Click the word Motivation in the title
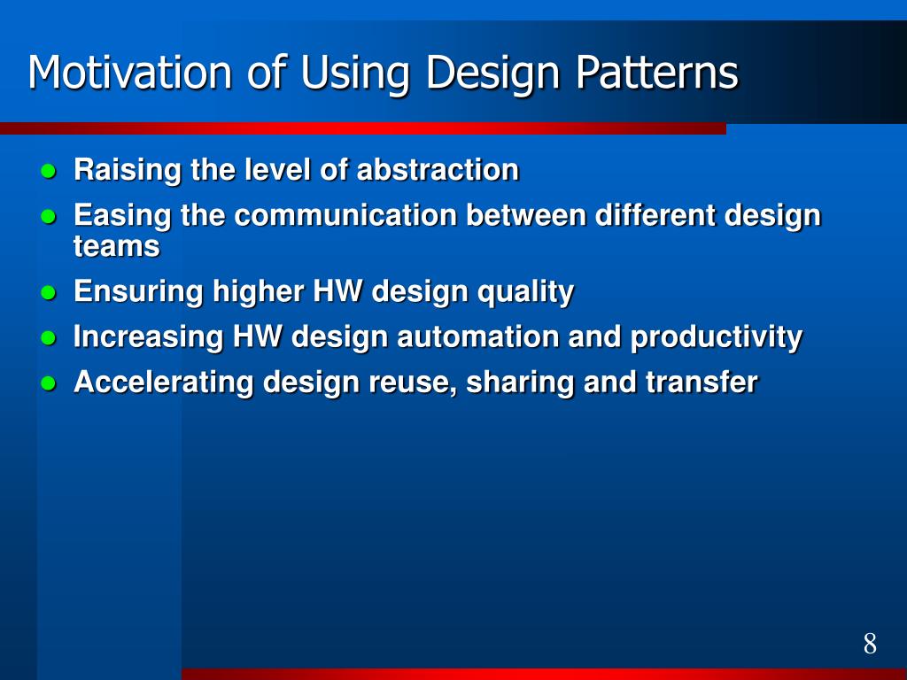pos(130,72)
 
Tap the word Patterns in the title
pos(657,72)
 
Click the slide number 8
pos(870,643)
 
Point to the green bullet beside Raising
pos(49,171)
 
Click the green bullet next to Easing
pos(49,216)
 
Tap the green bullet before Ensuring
pos(49,292)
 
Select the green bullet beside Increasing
pos(49,337)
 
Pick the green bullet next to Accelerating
pos(49,382)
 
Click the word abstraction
pos(438,169)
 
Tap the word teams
pos(117,246)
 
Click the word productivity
pos(716,337)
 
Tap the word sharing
pos(521,382)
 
